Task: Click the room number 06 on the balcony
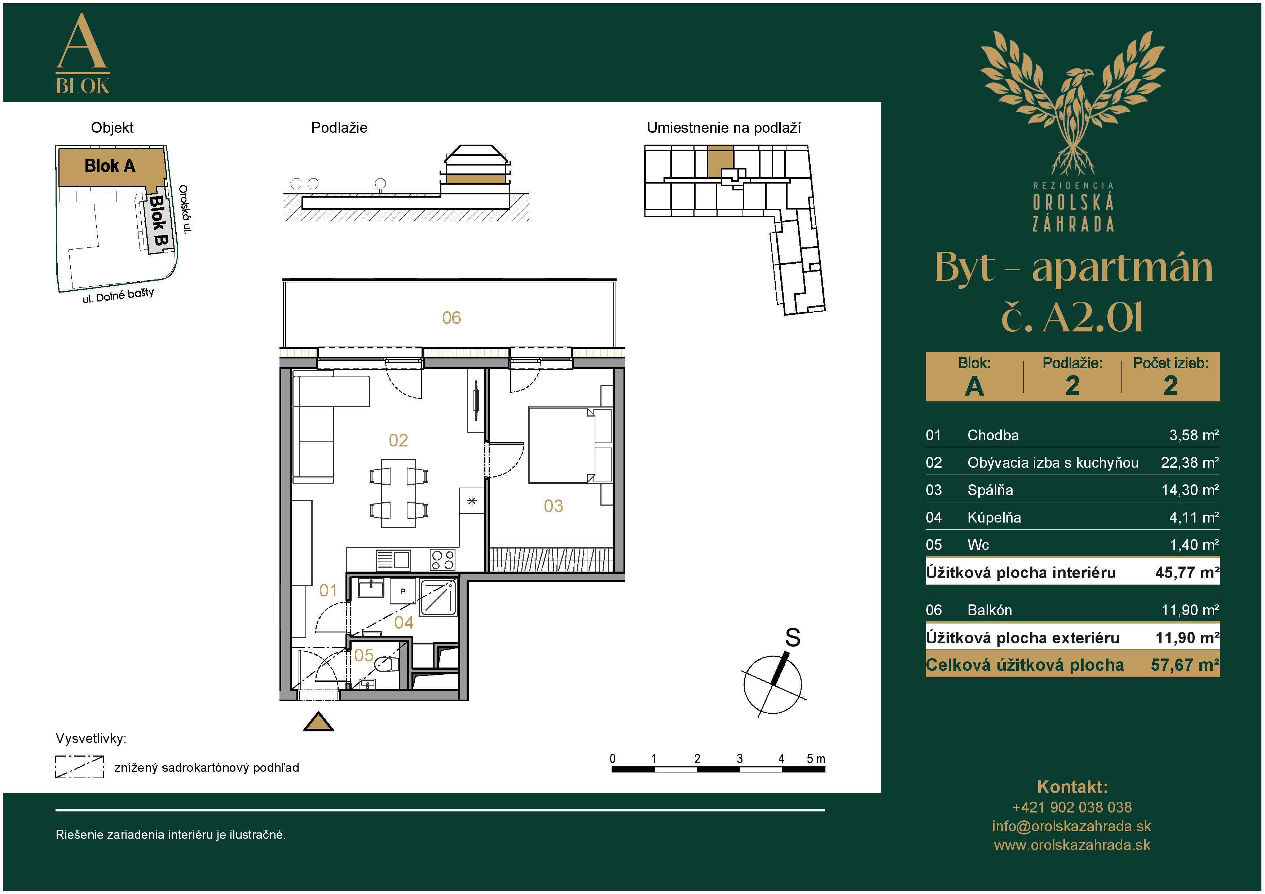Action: tap(451, 318)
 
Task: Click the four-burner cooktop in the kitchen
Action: tap(442, 560)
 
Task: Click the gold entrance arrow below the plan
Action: tap(318, 722)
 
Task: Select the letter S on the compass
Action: tap(792, 638)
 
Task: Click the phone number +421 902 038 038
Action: tap(1072, 807)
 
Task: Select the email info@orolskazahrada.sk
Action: tap(1072, 826)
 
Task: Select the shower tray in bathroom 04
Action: tap(438, 597)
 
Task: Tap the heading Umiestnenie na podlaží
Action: tap(723, 128)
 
